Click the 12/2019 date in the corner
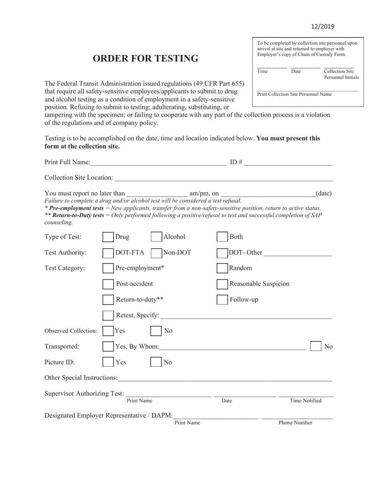(322, 27)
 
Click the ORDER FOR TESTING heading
(146, 58)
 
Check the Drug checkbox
(108, 237)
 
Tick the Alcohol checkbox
(156, 237)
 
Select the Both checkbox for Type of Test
(222, 237)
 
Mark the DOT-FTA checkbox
(108, 253)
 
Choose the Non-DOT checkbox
(156, 253)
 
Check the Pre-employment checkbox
(108, 268)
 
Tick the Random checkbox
(222, 268)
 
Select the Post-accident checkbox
(108, 284)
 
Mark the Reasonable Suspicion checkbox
(222, 284)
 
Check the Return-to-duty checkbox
(108, 299)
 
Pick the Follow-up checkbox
(222, 299)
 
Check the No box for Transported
(316, 346)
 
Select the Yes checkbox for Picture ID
(108, 362)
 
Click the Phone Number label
(295, 423)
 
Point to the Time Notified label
(306, 401)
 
